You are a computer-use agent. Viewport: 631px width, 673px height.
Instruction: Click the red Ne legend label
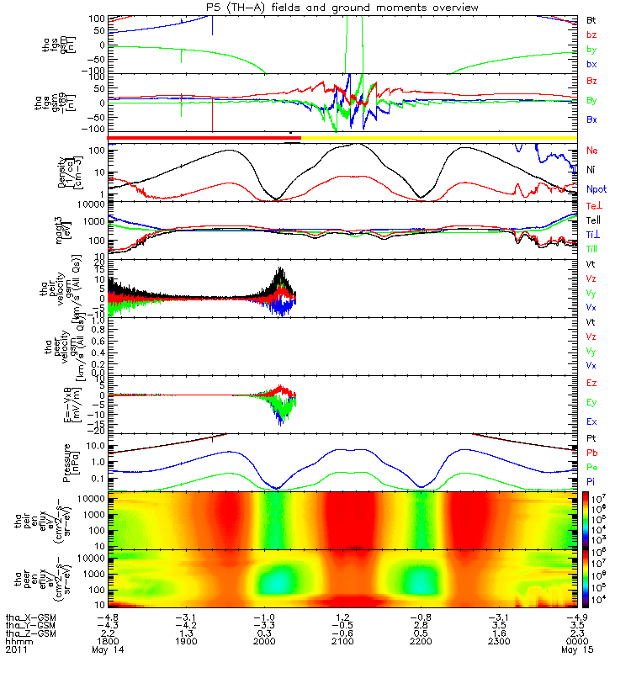pos(592,150)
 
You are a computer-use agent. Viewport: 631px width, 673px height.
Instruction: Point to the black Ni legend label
pos(591,170)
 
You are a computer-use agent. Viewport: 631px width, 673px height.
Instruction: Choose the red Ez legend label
pos(592,383)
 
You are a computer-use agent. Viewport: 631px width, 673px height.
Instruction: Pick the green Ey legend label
pos(592,402)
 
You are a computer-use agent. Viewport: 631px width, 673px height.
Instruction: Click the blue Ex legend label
pos(592,421)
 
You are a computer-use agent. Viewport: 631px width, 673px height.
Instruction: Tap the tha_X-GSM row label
pos(30,617)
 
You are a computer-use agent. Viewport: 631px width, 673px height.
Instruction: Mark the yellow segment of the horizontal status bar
pos(437,136)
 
